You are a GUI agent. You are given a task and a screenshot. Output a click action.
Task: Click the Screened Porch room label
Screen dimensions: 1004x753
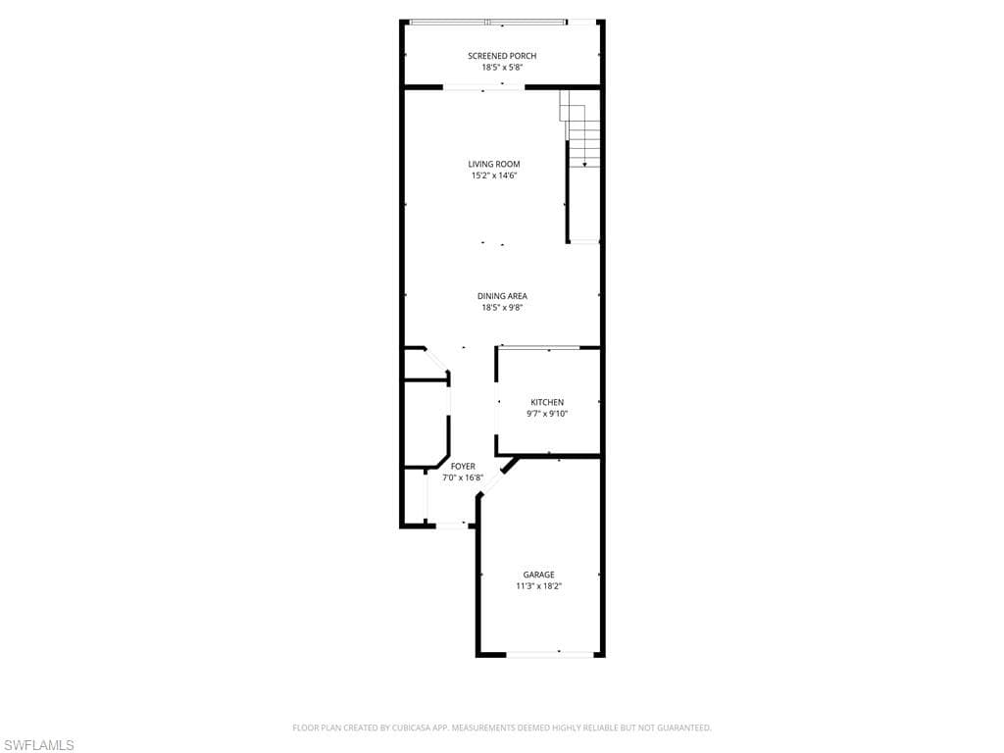(502, 56)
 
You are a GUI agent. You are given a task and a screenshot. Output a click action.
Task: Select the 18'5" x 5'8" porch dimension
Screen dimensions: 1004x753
(502, 68)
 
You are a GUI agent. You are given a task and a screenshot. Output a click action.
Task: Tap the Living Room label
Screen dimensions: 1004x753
(494, 164)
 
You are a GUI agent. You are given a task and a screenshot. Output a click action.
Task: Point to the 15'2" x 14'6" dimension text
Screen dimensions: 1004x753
(494, 176)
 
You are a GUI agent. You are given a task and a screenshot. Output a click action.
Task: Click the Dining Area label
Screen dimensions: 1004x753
(502, 296)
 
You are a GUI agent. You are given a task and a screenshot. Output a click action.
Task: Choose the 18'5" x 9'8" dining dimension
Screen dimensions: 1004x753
(502, 307)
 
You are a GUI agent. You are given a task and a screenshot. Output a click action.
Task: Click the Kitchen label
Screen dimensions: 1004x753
(547, 402)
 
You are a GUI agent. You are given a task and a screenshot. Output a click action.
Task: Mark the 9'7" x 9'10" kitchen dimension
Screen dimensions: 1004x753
(547, 414)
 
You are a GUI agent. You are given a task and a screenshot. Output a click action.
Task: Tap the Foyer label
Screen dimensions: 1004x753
(463, 466)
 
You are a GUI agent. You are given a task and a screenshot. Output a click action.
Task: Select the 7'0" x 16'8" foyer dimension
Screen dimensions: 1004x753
(463, 477)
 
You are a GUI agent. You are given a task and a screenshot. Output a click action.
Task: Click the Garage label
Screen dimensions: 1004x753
(538, 575)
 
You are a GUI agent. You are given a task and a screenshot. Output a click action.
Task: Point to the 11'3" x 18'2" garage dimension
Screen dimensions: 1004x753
(538, 586)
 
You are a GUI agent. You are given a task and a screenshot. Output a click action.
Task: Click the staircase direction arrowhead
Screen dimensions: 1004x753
(584, 165)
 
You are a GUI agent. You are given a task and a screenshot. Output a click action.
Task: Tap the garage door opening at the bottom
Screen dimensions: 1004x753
(550, 654)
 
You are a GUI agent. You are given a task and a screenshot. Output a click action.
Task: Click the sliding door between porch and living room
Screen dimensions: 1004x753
(484, 87)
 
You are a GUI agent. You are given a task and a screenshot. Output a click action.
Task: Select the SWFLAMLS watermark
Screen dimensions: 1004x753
(37, 745)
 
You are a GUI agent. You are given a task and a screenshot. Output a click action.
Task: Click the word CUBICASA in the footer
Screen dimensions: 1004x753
(411, 728)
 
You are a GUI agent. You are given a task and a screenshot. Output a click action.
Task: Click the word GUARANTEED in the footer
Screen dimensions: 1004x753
(684, 728)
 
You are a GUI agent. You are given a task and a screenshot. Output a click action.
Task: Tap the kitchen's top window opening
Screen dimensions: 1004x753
(540, 348)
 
